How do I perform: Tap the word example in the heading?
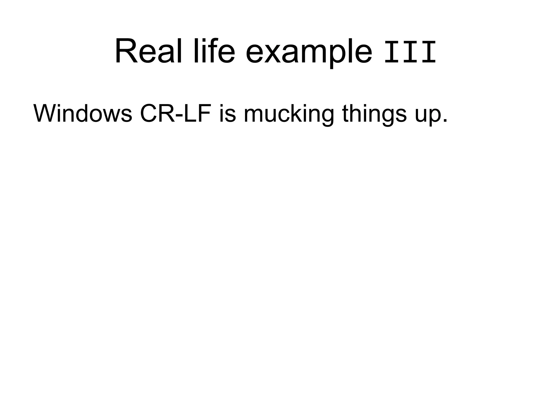tap(309, 54)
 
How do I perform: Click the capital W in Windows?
tap(45, 113)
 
